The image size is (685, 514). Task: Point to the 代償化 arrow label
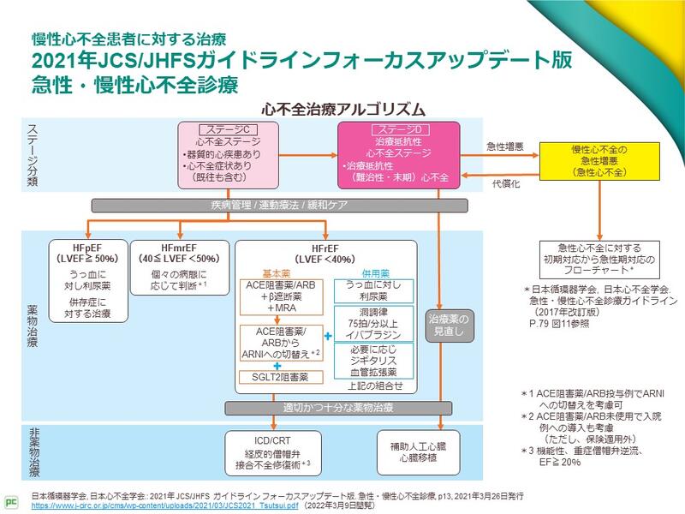pyautogui.click(x=505, y=183)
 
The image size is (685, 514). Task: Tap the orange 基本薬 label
pyautogui.click(x=276, y=272)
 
